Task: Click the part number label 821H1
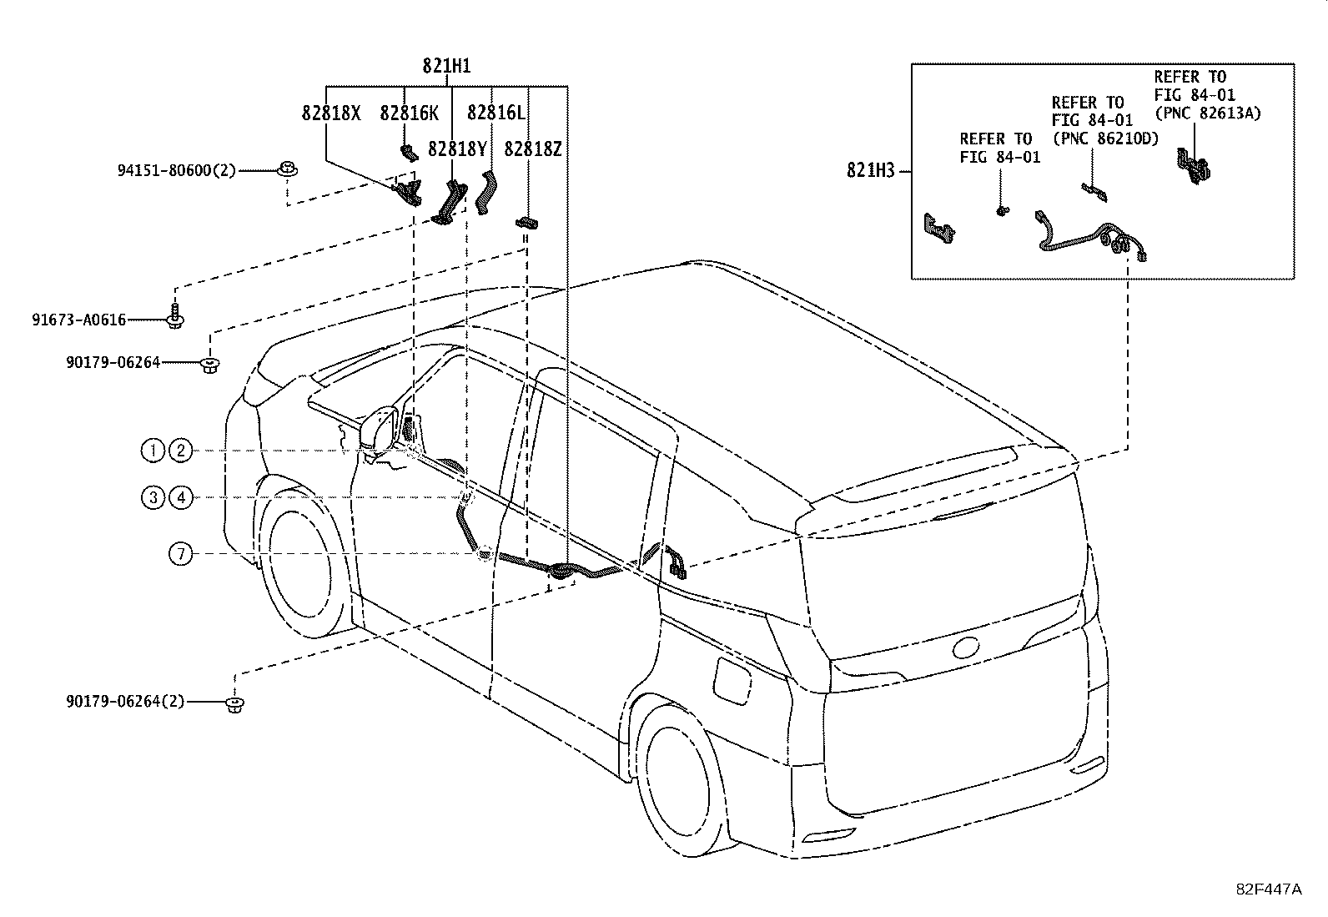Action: [x=446, y=66]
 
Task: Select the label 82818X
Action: [x=331, y=113]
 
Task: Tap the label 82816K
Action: [x=409, y=113]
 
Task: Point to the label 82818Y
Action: [x=457, y=149]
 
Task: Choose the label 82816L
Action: [x=496, y=112]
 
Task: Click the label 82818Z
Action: [x=532, y=149]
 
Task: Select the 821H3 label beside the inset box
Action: [x=870, y=171]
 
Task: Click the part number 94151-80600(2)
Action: [x=177, y=171]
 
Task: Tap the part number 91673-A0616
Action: [x=79, y=320]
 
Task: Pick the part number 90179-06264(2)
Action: [x=125, y=702]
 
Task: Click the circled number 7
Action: [x=181, y=554]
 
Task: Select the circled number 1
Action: [x=153, y=451]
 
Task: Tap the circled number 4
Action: [x=181, y=497]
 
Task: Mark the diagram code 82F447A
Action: [x=1268, y=889]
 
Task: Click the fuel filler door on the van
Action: [x=732, y=680]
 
